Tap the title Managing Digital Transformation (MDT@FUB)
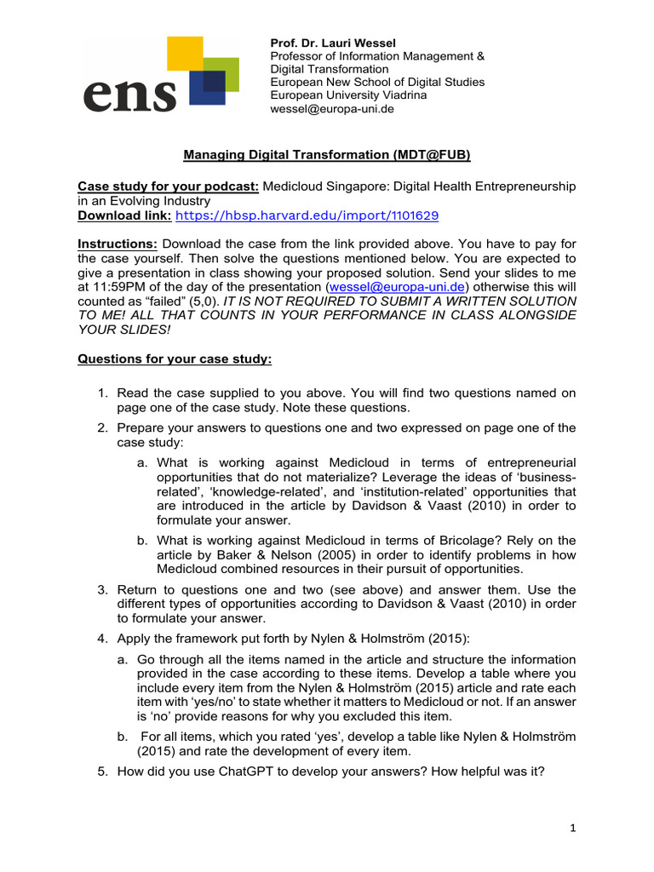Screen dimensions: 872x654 tap(327, 155)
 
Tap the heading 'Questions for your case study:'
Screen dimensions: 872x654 tap(175, 359)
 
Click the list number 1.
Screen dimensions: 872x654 tap(101, 393)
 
